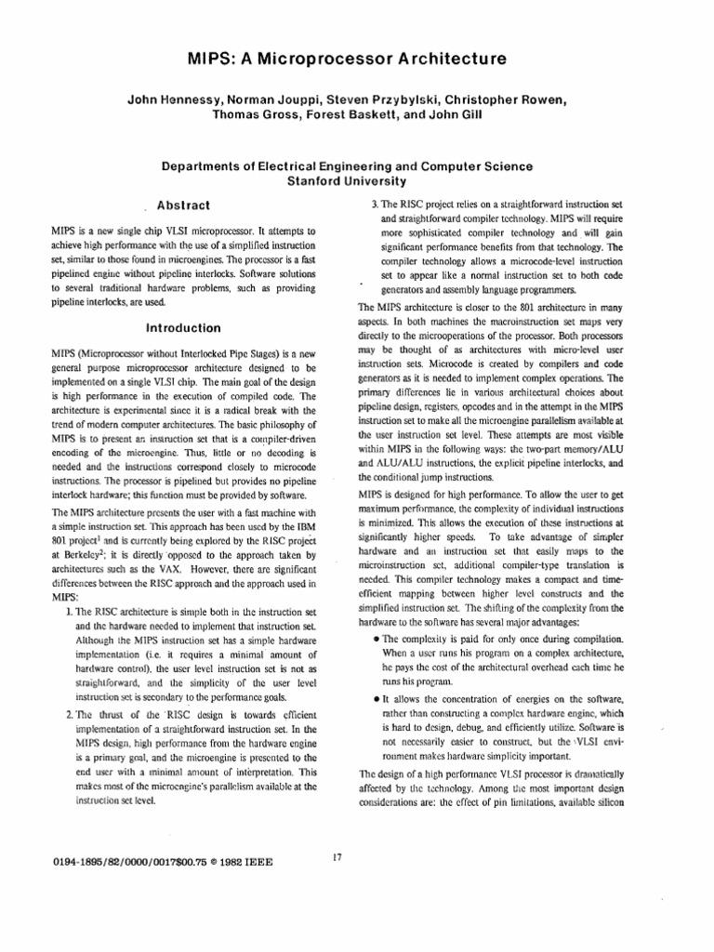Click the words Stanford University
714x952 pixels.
(x=356, y=180)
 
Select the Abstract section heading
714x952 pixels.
(x=184, y=205)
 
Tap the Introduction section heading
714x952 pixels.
(x=184, y=327)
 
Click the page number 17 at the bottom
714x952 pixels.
(x=337, y=856)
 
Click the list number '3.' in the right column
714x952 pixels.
(x=371, y=202)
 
